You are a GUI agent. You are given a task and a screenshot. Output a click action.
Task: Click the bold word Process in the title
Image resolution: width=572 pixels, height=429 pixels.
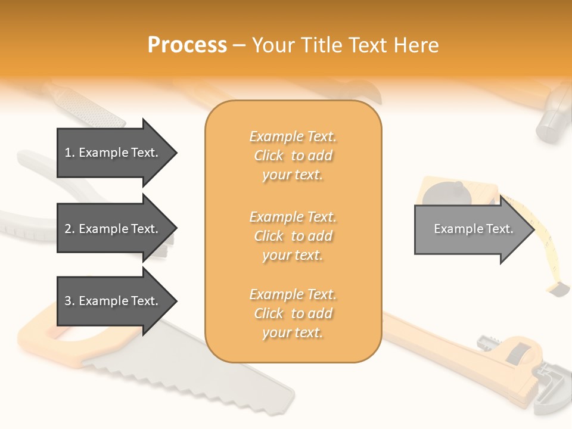coord(187,45)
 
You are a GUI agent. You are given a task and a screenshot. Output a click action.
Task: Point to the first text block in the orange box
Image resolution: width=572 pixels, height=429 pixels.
coord(293,156)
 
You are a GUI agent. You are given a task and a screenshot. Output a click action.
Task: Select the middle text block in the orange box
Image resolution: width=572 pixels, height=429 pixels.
coord(293,236)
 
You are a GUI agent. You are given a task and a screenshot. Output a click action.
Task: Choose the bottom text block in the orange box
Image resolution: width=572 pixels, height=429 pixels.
coord(293,313)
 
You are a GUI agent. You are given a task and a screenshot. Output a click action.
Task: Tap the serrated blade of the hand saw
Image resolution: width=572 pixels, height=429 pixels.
coord(197,375)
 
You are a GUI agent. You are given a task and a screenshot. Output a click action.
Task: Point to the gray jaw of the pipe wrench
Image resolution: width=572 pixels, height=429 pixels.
coord(548,393)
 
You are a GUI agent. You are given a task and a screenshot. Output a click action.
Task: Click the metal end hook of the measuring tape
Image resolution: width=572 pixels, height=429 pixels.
coord(558,289)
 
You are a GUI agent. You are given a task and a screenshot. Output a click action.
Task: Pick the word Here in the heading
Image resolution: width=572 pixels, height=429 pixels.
coord(417,45)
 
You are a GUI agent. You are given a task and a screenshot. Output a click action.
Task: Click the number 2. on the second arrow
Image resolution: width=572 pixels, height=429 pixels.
coord(70,229)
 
